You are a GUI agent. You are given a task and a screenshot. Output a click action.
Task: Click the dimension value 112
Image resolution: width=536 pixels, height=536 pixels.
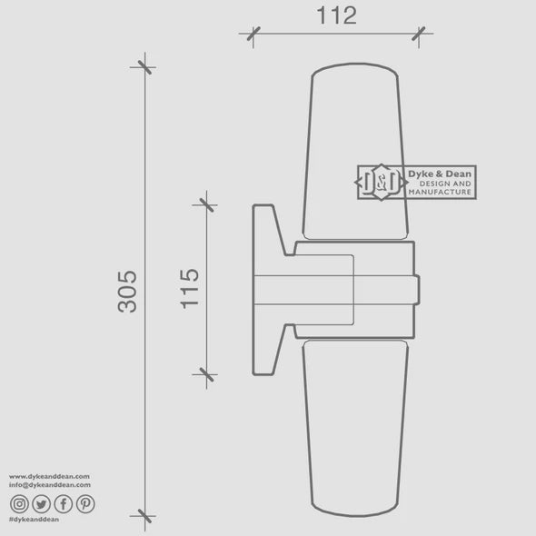pyautogui.click(x=336, y=15)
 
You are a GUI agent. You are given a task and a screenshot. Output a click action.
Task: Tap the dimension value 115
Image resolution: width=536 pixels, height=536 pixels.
pyautogui.click(x=190, y=288)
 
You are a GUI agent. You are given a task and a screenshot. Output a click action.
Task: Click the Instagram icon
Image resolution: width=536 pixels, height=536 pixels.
pyautogui.click(x=19, y=502)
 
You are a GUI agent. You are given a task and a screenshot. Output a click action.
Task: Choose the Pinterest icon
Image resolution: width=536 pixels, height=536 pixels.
pyautogui.click(x=84, y=502)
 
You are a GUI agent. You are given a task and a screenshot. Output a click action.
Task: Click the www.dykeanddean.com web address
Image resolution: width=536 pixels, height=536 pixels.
pyautogui.click(x=49, y=476)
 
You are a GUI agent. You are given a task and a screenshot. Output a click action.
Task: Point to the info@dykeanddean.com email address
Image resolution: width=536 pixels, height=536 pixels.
pyautogui.click(x=51, y=484)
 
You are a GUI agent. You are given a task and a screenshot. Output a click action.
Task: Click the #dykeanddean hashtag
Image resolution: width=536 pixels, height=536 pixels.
pyautogui.click(x=35, y=519)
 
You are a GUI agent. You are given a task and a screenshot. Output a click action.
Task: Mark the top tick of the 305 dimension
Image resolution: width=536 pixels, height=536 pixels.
pyautogui.click(x=144, y=65)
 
